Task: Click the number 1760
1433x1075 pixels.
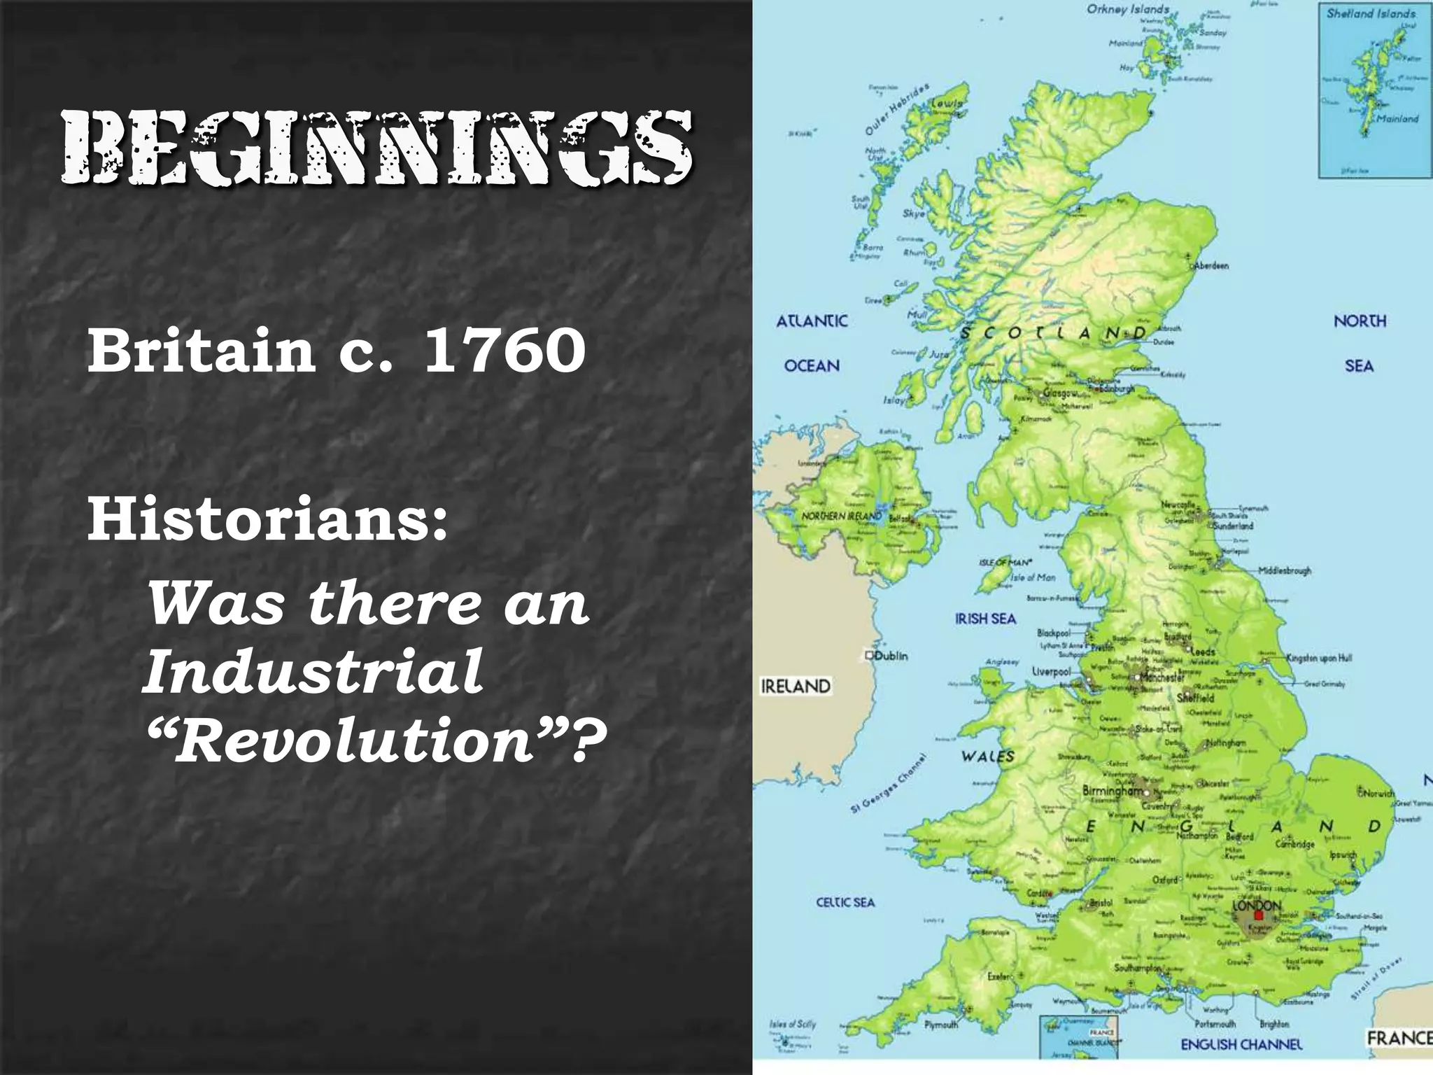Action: pos(504,351)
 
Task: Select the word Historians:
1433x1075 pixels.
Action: pos(267,521)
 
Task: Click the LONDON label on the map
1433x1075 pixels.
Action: pos(1257,905)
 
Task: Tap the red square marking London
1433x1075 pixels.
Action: pos(1258,915)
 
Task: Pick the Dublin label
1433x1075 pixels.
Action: pos(891,656)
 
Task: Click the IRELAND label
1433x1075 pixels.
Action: pos(796,687)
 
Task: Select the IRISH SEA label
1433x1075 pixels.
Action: pos(985,619)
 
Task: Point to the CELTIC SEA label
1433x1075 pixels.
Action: pos(845,902)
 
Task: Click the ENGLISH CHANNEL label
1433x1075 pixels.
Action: pos(1241,1064)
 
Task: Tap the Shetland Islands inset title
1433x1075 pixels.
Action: pos(1371,13)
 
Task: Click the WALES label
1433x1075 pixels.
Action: pos(987,756)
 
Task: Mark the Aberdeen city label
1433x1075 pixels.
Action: pos(1211,265)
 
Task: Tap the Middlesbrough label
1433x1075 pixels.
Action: pos(1285,570)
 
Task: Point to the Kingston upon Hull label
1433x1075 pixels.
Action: pos(1319,658)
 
